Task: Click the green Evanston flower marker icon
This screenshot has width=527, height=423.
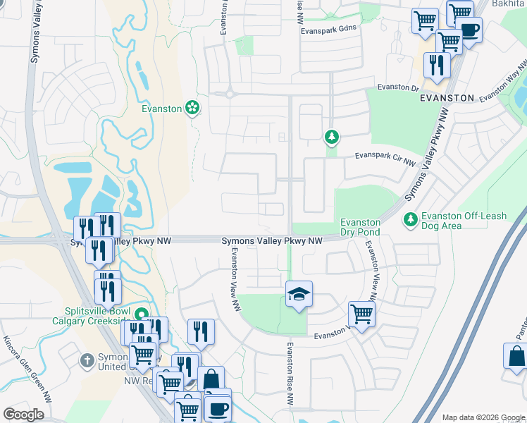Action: (x=192, y=108)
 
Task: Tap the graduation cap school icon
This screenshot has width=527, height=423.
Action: (x=299, y=293)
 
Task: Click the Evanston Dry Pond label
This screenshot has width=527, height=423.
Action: (x=360, y=227)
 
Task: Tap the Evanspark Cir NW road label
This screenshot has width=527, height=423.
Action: (x=385, y=159)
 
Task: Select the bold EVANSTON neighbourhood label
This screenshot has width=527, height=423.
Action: (x=446, y=99)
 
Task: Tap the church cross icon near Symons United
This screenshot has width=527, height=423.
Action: (x=87, y=361)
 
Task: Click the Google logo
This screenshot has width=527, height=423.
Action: (x=23, y=415)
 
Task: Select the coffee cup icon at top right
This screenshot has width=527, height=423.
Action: (x=469, y=30)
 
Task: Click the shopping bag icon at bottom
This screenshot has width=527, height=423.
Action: (x=211, y=379)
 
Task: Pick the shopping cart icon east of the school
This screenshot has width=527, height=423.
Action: (x=361, y=314)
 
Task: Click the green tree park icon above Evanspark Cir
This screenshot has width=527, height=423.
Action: (x=330, y=136)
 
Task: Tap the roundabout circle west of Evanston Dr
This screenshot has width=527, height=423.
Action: (x=230, y=93)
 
